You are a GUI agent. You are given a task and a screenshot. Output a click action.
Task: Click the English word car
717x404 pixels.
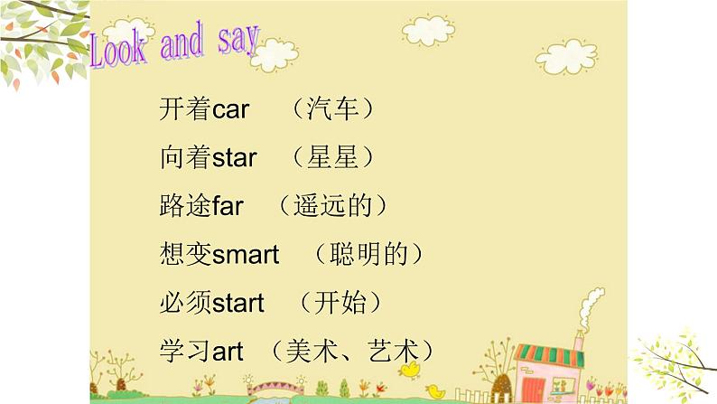pyautogui.click(x=230, y=110)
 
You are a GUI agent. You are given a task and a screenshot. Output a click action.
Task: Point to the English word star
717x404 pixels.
pyautogui.click(x=234, y=158)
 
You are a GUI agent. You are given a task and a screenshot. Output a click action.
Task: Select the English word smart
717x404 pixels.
pyautogui.click(x=245, y=255)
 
